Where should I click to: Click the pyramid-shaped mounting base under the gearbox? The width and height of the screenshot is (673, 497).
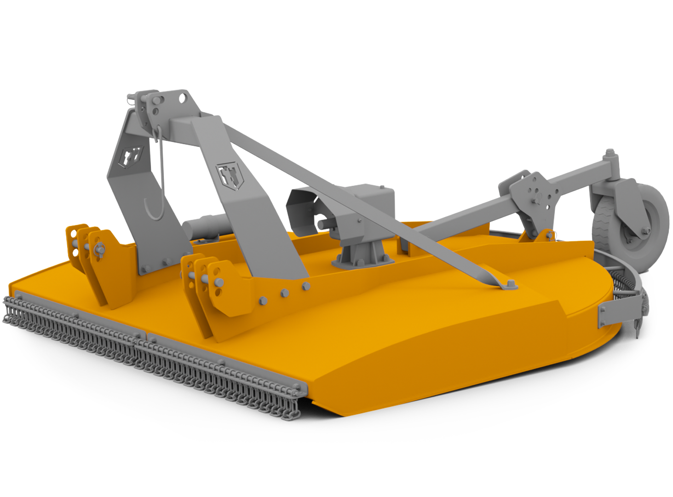click(363, 255)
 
